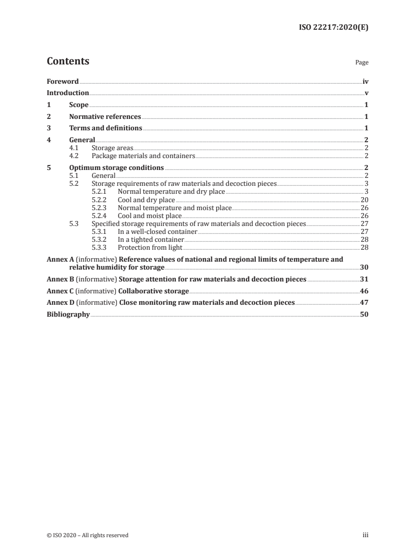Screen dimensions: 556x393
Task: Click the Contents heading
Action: [x=68, y=61]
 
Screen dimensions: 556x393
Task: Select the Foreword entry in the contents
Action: [x=62, y=81]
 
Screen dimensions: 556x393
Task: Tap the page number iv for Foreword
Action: [x=365, y=81]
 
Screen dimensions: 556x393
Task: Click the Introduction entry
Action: [x=68, y=93]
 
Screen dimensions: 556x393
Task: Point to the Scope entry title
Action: [x=79, y=105]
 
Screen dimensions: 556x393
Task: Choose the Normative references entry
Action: [x=105, y=117]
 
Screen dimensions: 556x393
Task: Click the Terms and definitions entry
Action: [x=106, y=129]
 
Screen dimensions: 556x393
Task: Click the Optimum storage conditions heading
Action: [x=116, y=168]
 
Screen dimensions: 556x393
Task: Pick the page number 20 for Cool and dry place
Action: [x=364, y=200]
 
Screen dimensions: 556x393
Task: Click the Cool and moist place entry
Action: [x=150, y=216]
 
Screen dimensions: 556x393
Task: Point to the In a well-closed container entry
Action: [x=158, y=231]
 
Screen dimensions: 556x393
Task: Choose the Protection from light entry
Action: [x=150, y=247]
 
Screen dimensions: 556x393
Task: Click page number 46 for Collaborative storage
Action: [x=364, y=291]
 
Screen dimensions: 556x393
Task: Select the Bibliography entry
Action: [x=68, y=314]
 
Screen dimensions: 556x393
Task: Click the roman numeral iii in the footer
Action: [x=366, y=535]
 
